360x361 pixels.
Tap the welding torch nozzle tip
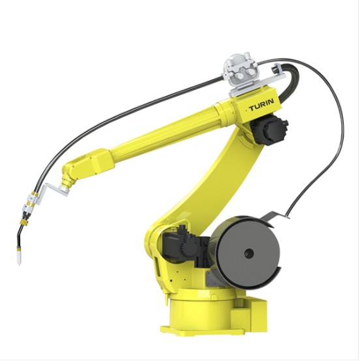point(20,264)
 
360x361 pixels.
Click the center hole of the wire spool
point(248,253)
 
